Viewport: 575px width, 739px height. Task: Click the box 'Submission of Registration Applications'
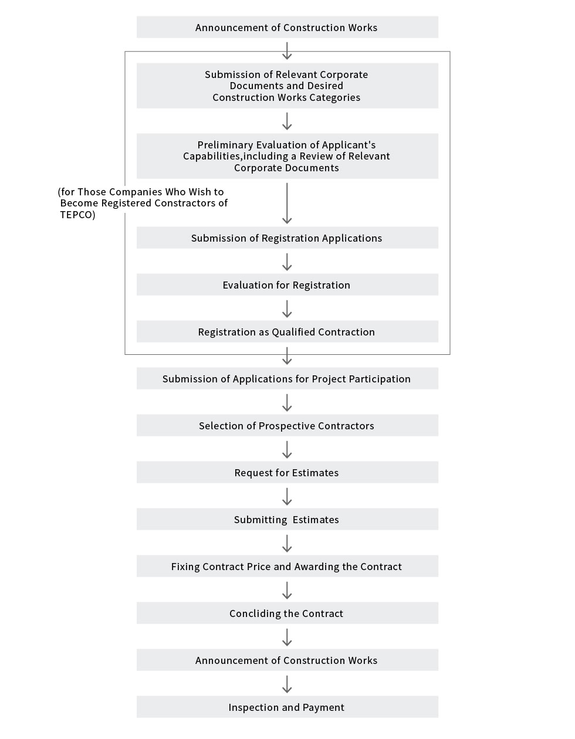click(287, 238)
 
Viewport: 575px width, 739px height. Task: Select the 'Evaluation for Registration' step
click(287, 284)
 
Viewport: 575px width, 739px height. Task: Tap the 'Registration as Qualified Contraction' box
click(287, 331)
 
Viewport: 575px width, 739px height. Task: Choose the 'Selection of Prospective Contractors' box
click(287, 425)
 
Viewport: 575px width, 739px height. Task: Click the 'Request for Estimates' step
click(287, 472)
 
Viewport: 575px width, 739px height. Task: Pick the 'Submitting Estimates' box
click(287, 519)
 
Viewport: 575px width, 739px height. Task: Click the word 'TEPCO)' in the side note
click(77, 215)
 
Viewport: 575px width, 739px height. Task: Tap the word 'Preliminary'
click(225, 145)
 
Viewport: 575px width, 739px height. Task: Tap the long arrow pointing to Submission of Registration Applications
click(287, 203)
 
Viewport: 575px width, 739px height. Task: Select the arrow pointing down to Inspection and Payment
click(287, 684)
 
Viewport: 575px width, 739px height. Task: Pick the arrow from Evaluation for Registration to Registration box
click(287, 309)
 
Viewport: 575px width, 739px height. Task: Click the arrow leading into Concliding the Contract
click(287, 590)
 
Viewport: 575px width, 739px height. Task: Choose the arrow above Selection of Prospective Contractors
click(287, 402)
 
